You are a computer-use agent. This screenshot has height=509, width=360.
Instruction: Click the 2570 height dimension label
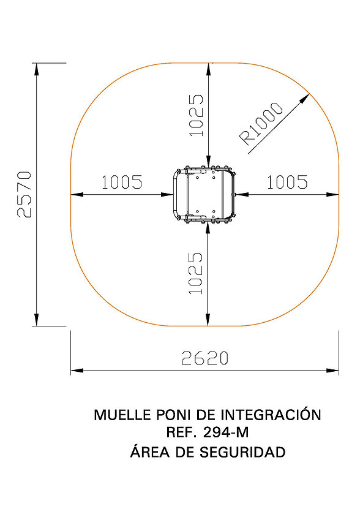[24, 194]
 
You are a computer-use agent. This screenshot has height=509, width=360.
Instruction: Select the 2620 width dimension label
[205, 358]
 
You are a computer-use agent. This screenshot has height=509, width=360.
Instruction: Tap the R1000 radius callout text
[261, 123]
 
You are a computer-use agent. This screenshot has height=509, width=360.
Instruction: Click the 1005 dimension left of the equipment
[122, 182]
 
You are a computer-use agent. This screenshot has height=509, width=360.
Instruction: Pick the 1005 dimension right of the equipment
[287, 182]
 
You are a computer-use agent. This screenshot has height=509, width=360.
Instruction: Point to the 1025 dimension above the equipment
[196, 115]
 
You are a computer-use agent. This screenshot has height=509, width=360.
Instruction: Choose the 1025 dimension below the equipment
[196, 273]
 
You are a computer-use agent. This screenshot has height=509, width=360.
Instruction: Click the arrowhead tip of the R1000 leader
[310, 94]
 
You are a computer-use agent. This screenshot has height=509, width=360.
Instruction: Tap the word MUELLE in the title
[122, 415]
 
